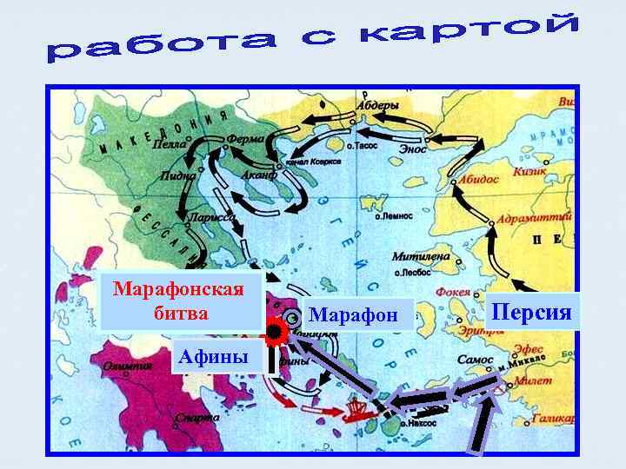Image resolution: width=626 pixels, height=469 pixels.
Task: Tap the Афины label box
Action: tap(212, 356)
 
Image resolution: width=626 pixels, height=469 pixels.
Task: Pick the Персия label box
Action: tap(533, 310)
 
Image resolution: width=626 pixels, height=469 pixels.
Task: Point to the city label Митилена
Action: tap(420, 257)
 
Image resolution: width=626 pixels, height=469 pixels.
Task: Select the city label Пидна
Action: tap(178, 175)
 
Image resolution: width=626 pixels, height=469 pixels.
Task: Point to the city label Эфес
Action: tap(528, 348)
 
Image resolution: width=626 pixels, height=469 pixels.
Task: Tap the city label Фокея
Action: tap(452, 292)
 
